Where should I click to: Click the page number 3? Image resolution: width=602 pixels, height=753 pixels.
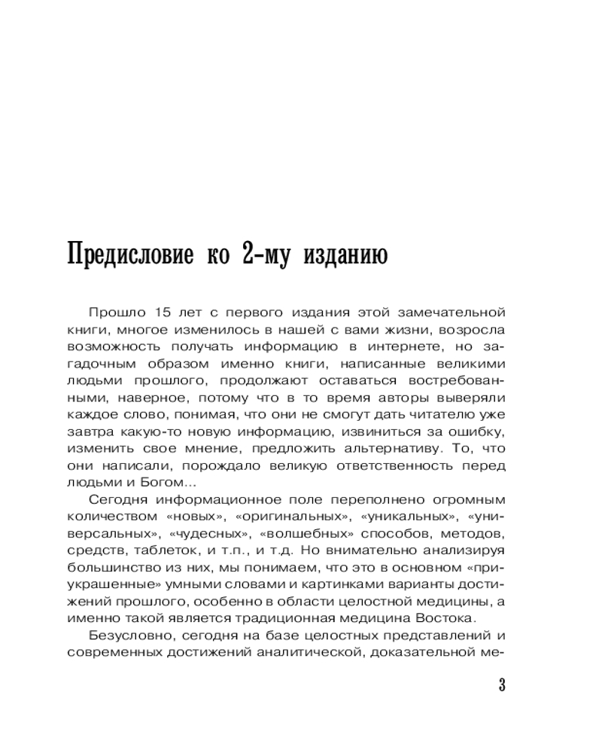501,685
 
